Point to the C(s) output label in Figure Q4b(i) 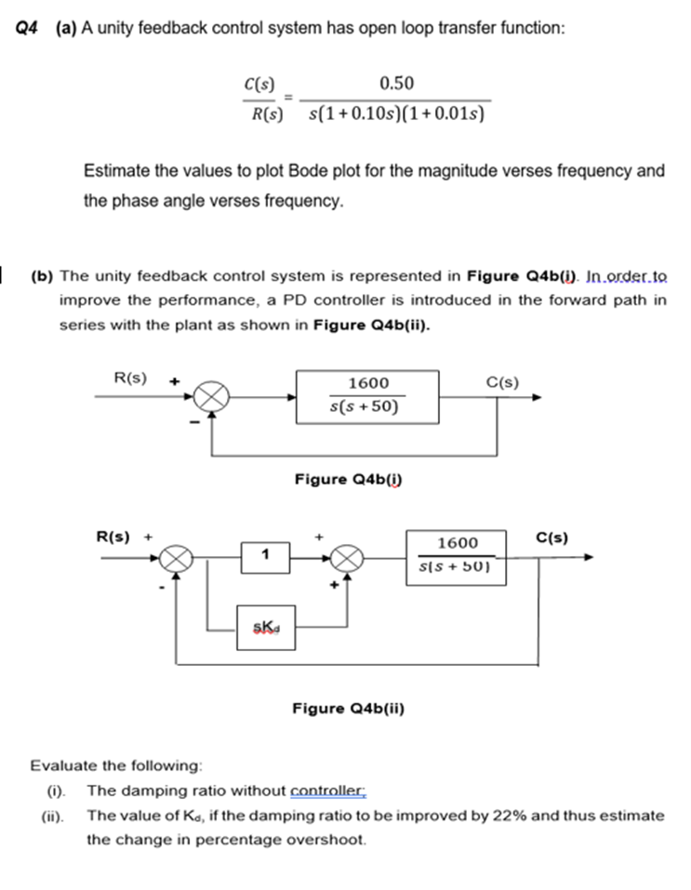503,380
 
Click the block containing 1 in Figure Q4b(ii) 265,556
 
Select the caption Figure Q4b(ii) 349,709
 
